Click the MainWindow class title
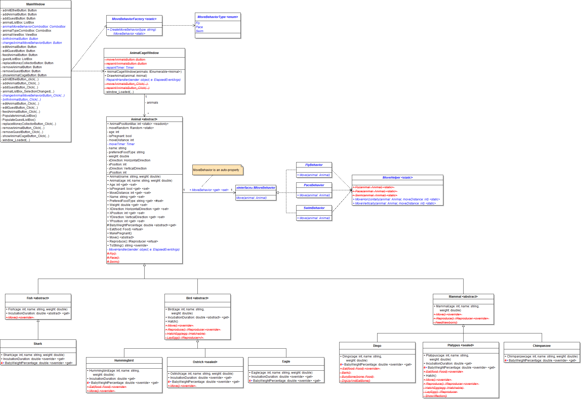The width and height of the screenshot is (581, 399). (35, 4)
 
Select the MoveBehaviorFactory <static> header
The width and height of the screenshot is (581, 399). (134, 19)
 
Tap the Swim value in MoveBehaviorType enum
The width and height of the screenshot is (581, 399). (199, 31)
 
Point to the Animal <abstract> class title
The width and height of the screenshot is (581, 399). (144, 119)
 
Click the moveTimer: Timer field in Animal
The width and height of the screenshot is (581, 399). (122, 144)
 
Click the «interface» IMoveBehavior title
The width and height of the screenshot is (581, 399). (256, 188)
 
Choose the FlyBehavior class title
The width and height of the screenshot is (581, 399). (314, 165)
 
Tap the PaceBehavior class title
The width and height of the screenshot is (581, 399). (314, 185)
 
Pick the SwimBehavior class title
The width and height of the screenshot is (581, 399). (314, 208)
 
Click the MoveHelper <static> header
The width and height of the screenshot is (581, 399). (397, 178)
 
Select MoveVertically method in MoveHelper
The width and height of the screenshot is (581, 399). (395, 203)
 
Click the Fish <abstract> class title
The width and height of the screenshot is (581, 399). (38, 298)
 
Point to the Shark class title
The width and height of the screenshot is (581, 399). (38, 344)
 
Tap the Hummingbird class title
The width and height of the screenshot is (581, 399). (124, 360)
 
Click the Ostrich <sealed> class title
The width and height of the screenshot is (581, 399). (205, 362)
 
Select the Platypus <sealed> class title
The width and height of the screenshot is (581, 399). (461, 345)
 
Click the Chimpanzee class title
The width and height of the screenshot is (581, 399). (542, 346)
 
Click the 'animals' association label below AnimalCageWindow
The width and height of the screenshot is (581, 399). (152, 103)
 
